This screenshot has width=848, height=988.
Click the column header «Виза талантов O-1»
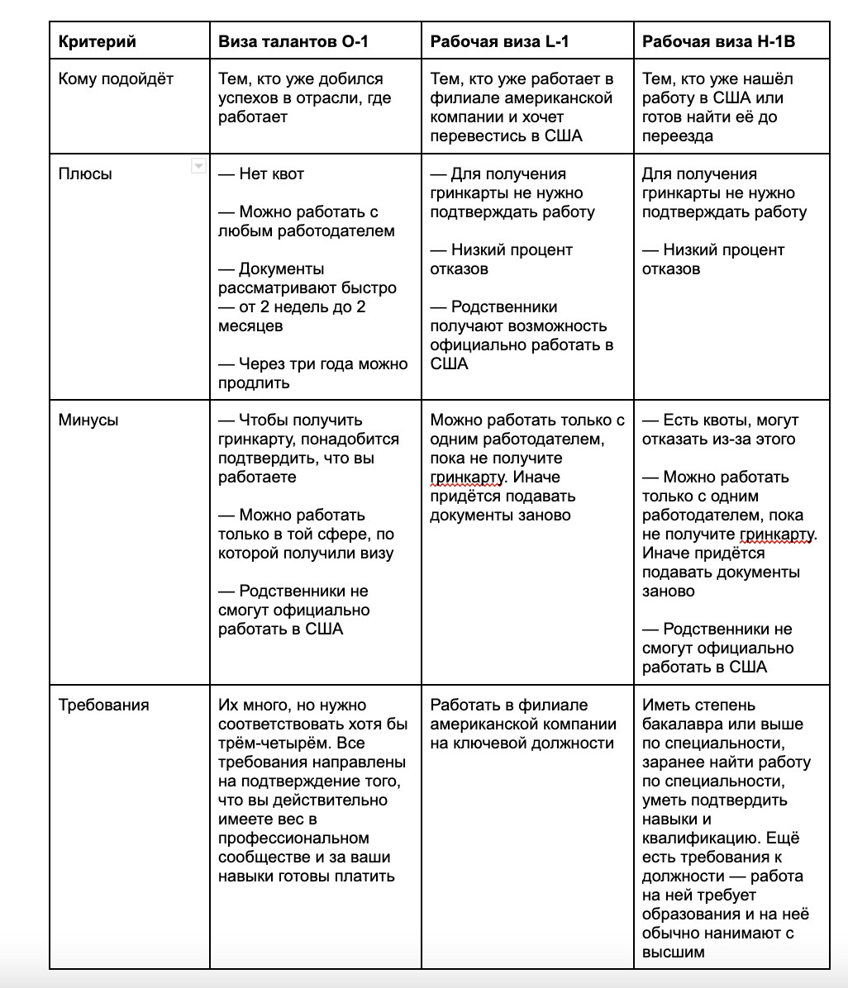(x=293, y=42)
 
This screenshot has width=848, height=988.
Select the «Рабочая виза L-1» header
(x=499, y=42)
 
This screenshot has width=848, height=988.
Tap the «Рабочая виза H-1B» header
(x=718, y=42)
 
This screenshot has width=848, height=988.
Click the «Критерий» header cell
(x=98, y=42)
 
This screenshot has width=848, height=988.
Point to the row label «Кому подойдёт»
(x=116, y=79)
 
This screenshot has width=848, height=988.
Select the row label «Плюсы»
(x=85, y=174)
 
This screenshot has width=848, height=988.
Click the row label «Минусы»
(x=88, y=420)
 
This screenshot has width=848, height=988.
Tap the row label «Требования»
(x=103, y=705)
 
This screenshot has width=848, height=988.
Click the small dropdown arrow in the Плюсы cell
(x=198, y=167)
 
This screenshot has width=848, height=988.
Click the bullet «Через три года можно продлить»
(x=312, y=373)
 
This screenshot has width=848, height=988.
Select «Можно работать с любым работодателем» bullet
(x=307, y=221)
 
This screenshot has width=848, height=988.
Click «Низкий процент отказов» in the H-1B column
(x=713, y=259)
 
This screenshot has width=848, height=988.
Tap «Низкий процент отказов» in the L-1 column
(x=502, y=259)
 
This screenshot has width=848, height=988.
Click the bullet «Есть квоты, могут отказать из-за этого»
(x=720, y=430)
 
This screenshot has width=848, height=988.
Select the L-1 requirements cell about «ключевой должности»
(x=522, y=724)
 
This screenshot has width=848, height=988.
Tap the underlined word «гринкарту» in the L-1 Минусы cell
(x=467, y=477)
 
